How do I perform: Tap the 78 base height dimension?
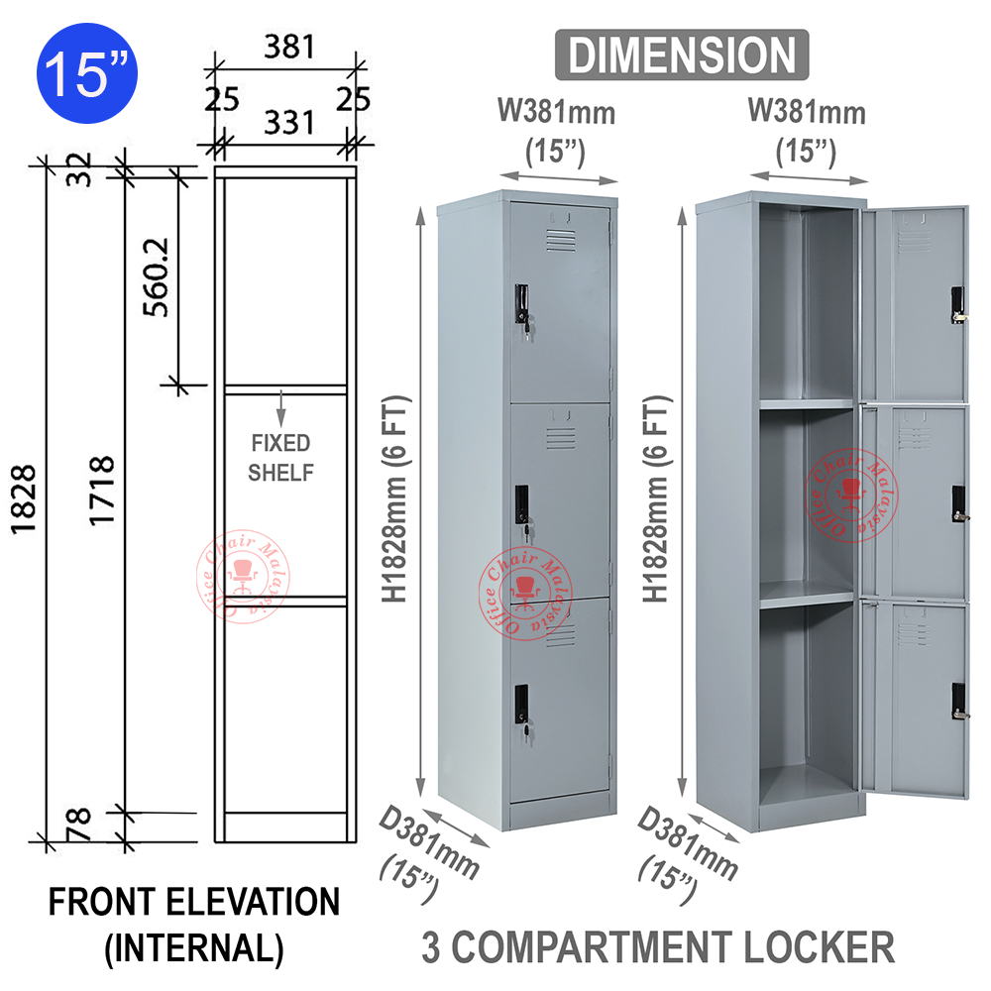(79, 822)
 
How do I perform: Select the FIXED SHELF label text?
(280, 458)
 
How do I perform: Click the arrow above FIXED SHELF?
(281, 407)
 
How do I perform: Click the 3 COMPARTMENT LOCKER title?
(658, 946)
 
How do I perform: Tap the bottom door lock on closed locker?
(522, 706)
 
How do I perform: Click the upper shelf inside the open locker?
(806, 404)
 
